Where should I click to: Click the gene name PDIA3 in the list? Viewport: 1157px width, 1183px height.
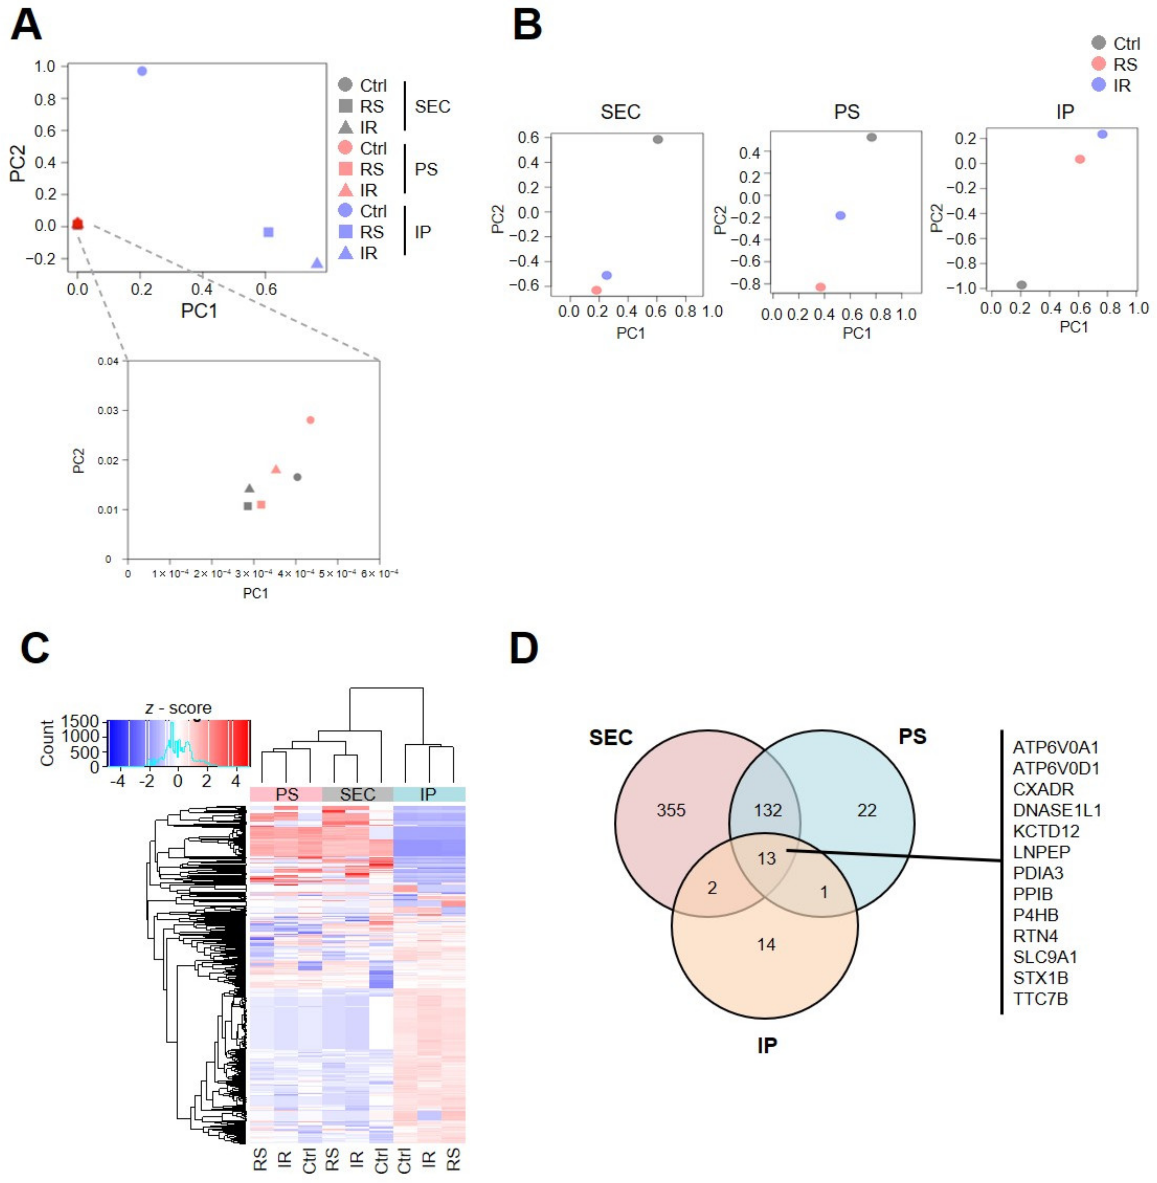tap(1038, 873)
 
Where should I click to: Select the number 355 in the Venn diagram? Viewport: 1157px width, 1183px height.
tap(671, 810)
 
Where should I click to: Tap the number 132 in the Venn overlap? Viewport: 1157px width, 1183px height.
tap(768, 810)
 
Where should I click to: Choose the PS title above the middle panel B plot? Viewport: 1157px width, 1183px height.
tap(847, 112)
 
